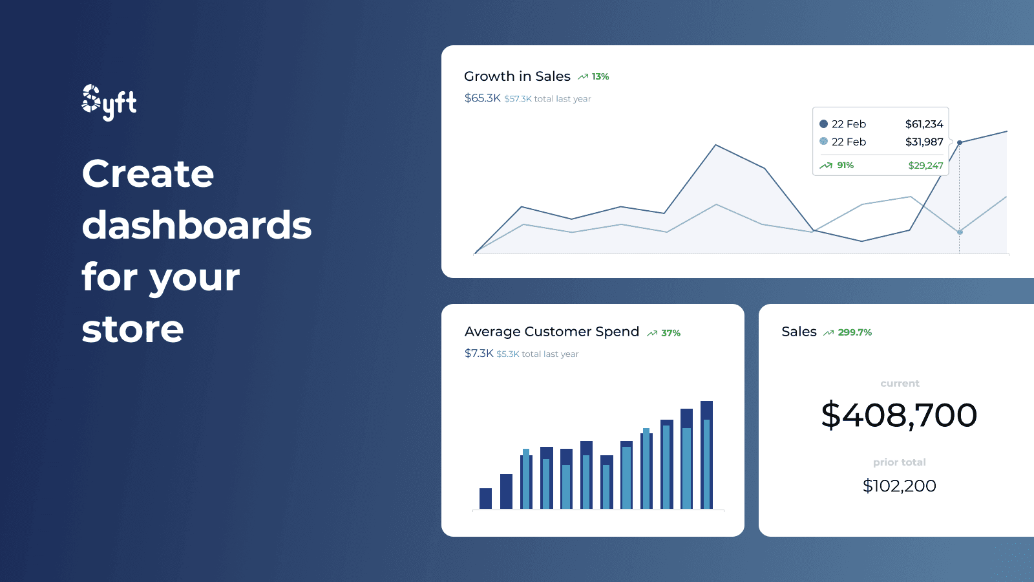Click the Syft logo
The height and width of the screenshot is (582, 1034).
109,102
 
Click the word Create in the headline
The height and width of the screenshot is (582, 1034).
148,174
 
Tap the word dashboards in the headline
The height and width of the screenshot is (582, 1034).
196,226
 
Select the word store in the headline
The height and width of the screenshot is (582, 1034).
132,329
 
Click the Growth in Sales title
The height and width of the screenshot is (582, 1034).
517,76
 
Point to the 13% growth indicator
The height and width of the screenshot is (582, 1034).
600,76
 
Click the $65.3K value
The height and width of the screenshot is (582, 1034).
482,98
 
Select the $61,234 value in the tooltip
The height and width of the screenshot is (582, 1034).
923,124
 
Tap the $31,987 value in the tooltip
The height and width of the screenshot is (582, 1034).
923,142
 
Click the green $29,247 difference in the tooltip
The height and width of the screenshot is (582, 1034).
925,166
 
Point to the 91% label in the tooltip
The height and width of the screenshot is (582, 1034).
845,166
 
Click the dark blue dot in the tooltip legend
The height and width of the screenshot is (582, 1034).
823,124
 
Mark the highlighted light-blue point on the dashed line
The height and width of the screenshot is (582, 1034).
960,232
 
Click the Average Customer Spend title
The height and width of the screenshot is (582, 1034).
551,332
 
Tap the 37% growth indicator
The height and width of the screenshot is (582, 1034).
670,333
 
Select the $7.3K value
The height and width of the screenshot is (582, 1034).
479,354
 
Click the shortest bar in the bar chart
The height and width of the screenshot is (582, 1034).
485,499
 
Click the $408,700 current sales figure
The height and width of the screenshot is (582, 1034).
899,415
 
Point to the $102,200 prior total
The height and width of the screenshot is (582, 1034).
899,486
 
